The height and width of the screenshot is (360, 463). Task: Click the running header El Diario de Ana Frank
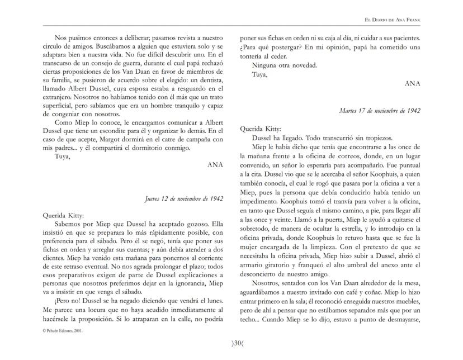392,20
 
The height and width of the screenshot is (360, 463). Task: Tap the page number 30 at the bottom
232,343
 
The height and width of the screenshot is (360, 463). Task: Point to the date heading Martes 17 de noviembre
380,110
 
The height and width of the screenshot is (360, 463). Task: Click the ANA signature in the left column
215,165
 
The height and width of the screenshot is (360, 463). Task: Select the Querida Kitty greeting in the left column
63,215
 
